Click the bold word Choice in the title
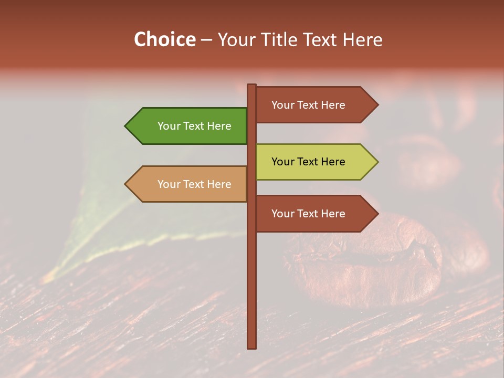tap(164, 39)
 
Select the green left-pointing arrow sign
tap(189, 126)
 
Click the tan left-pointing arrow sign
tap(189, 184)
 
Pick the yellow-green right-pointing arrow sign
tap(312, 162)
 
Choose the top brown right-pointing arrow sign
tap(312, 105)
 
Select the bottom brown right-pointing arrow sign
tap(312, 214)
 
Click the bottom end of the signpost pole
tap(251, 346)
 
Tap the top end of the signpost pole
tap(251, 86)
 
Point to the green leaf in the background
tap(105, 220)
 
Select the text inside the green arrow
tap(194, 126)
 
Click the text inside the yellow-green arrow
tap(308, 162)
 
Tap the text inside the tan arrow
tap(194, 184)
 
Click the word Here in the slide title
tap(362, 39)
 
